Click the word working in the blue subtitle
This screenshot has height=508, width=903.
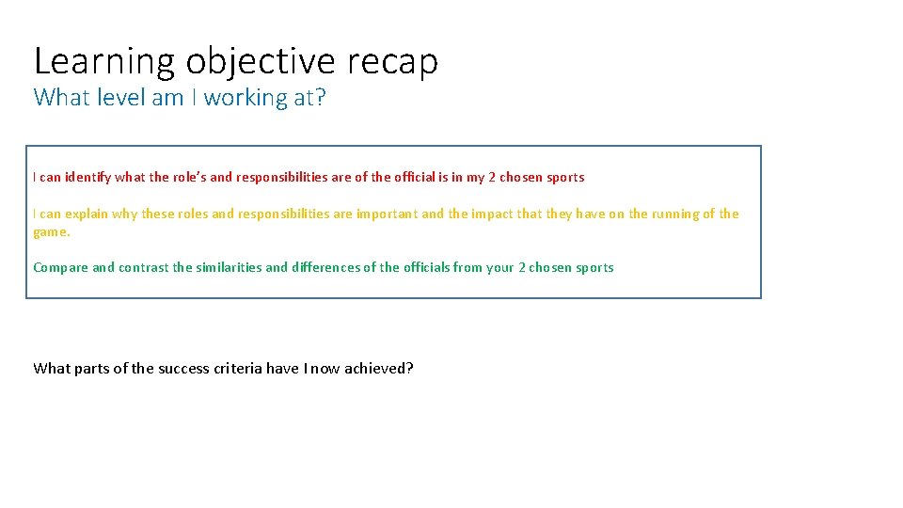pos(246,98)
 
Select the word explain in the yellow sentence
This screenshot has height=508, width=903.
pos(87,214)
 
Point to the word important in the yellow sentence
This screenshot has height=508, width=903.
pos(387,214)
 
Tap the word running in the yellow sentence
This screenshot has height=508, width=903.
pos(675,214)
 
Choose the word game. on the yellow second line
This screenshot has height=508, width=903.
pos(52,231)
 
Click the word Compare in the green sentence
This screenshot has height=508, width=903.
pos(60,267)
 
